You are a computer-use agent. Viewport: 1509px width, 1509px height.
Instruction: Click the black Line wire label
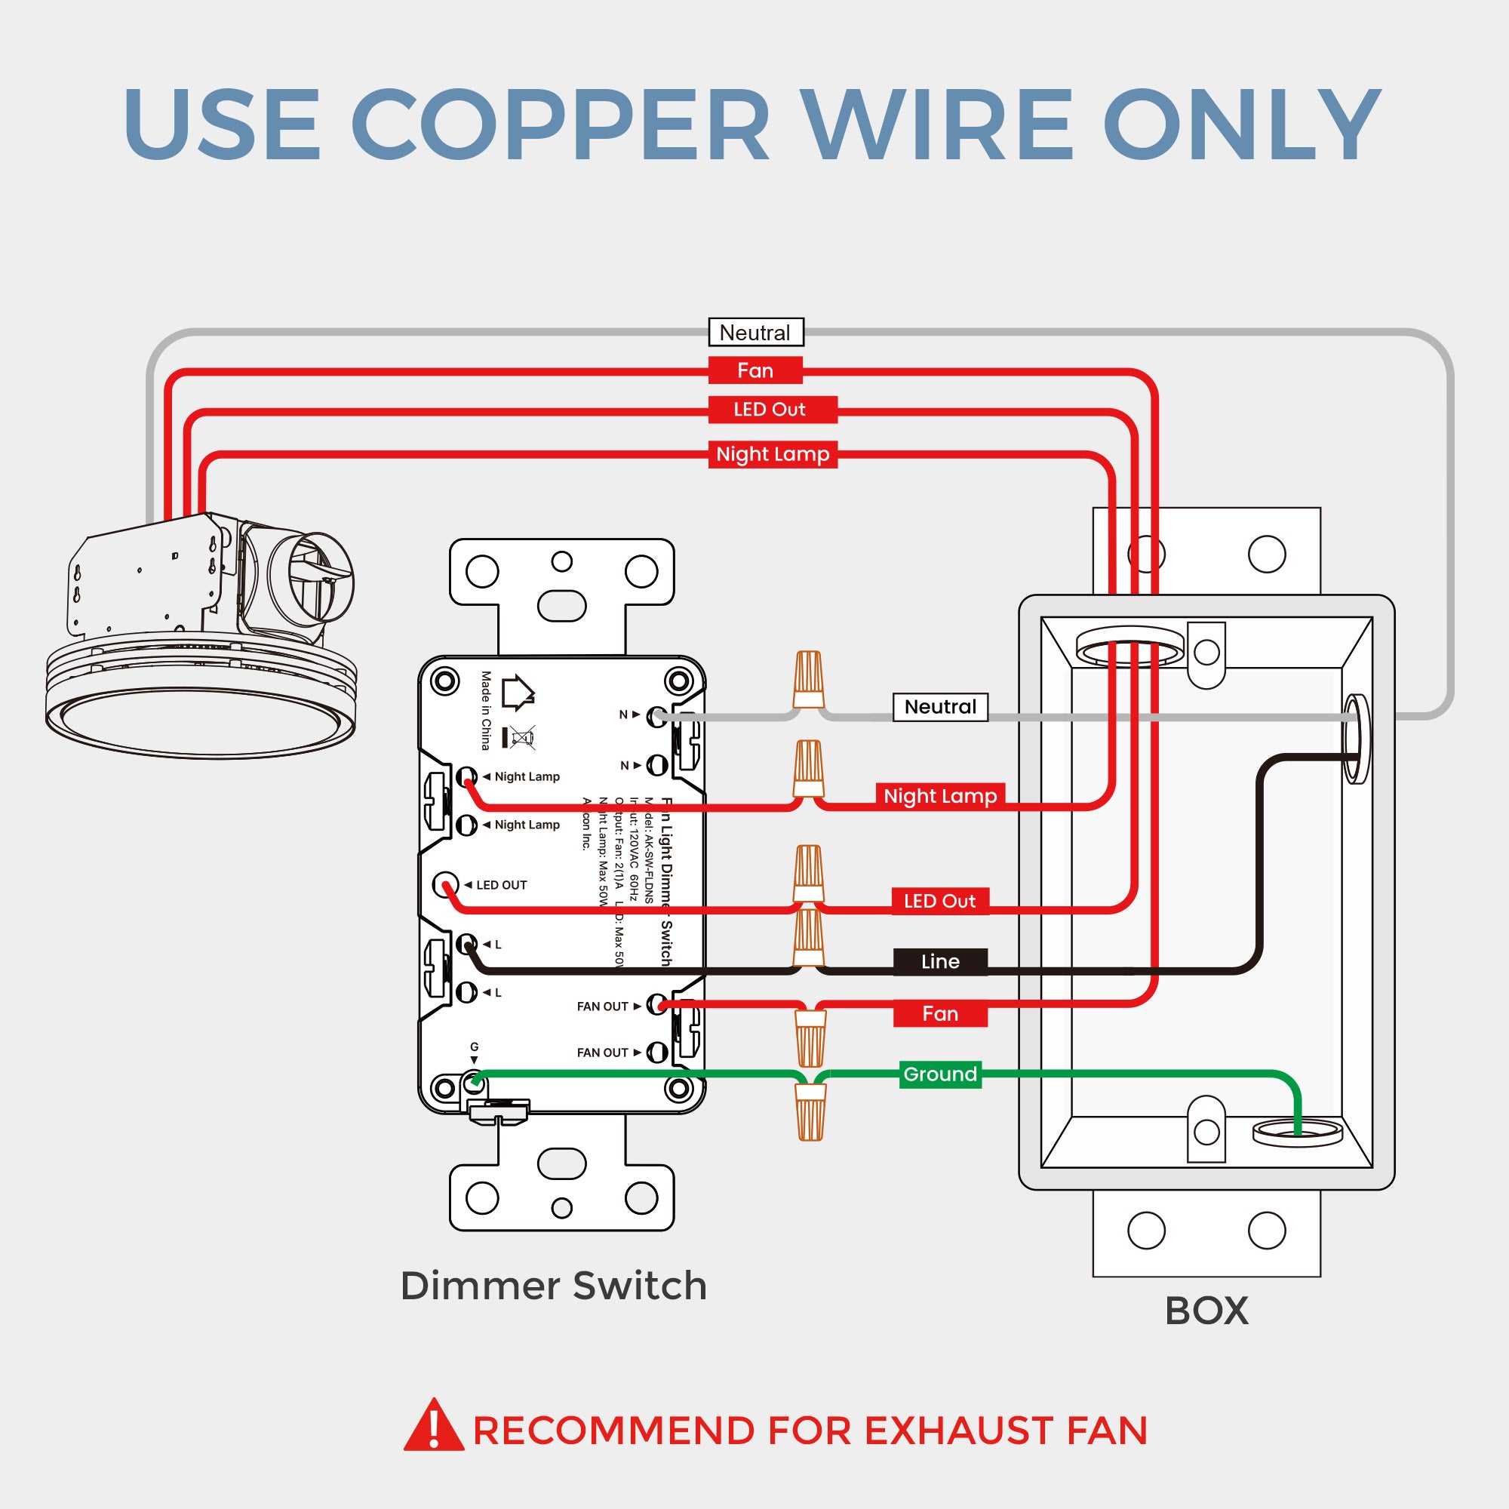pos(939,961)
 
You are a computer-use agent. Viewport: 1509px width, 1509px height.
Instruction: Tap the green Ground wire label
pos(939,1074)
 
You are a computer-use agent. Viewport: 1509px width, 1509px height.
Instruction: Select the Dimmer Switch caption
pos(553,1286)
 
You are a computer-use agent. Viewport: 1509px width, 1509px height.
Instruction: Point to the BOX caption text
pos(1206,1311)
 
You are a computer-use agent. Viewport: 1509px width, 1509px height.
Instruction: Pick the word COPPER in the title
pos(559,125)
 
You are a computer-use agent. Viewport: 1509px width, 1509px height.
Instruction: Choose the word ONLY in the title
pos(1241,125)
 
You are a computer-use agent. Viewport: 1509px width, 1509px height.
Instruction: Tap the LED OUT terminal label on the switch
pos(501,885)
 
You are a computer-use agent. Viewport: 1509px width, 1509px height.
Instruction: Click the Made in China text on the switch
pos(486,710)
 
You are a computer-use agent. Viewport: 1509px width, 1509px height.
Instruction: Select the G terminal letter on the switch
pos(474,1047)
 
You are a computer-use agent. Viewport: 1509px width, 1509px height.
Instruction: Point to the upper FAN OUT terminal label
pos(602,1007)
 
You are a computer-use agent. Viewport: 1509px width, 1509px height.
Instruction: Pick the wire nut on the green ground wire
pos(811,1111)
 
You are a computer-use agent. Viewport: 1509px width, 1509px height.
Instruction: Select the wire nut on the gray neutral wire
pos(808,679)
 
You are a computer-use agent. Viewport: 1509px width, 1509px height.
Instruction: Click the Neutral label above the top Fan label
pos(755,333)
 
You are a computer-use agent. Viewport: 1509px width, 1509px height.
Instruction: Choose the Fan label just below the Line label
pos(939,1014)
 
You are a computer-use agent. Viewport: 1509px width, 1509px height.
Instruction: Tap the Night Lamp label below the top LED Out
pos(773,454)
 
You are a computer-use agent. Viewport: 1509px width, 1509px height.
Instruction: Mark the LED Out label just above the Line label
pos(939,902)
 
